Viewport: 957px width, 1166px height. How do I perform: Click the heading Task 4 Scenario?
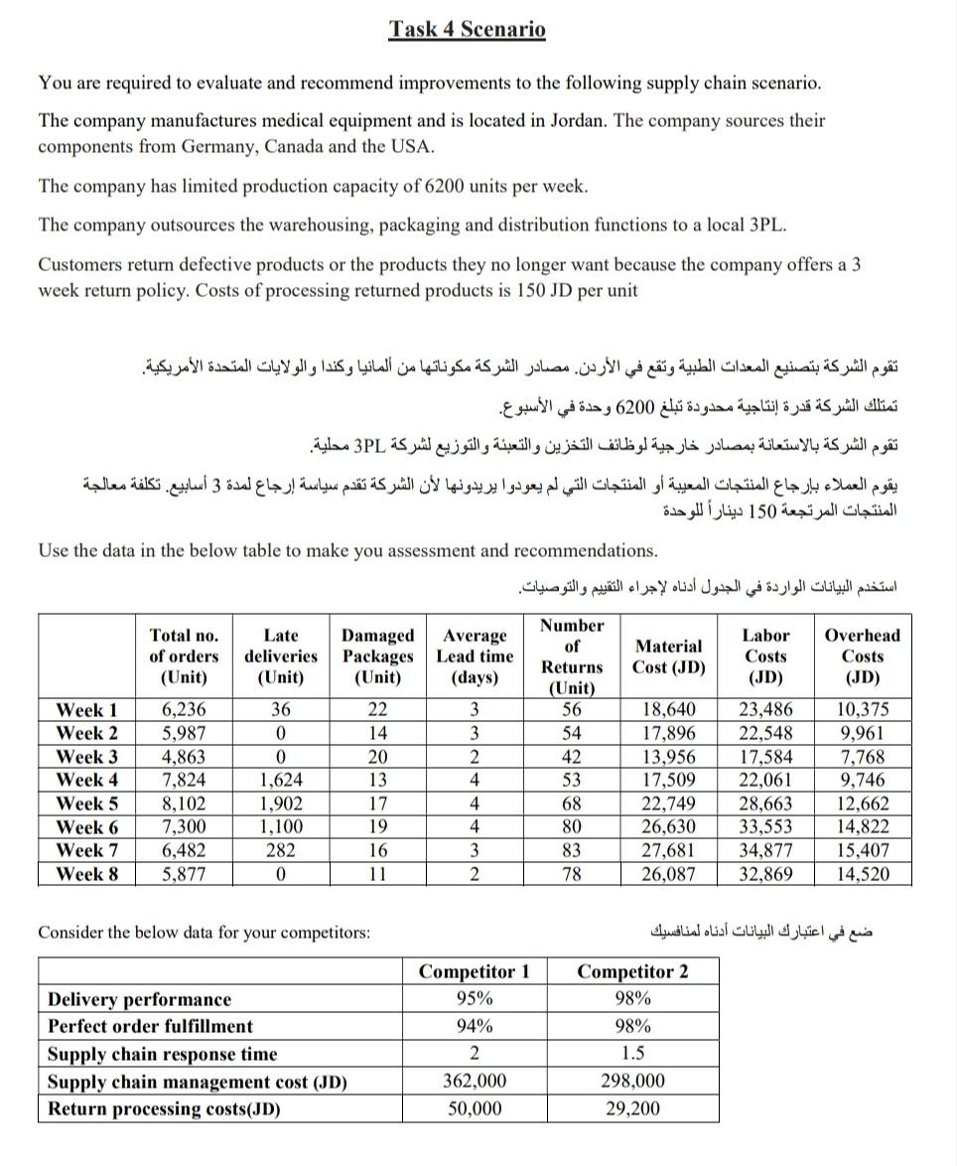tap(467, 29)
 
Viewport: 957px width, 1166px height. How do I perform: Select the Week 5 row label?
tap(87, 803)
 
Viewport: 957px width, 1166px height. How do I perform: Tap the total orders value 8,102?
tap(184, 803)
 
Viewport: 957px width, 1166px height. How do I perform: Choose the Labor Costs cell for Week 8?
tap(765, 874)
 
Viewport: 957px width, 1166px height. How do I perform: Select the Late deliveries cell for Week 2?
tap(281, 733)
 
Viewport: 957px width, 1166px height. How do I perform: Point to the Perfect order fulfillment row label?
tap(150, 1026)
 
